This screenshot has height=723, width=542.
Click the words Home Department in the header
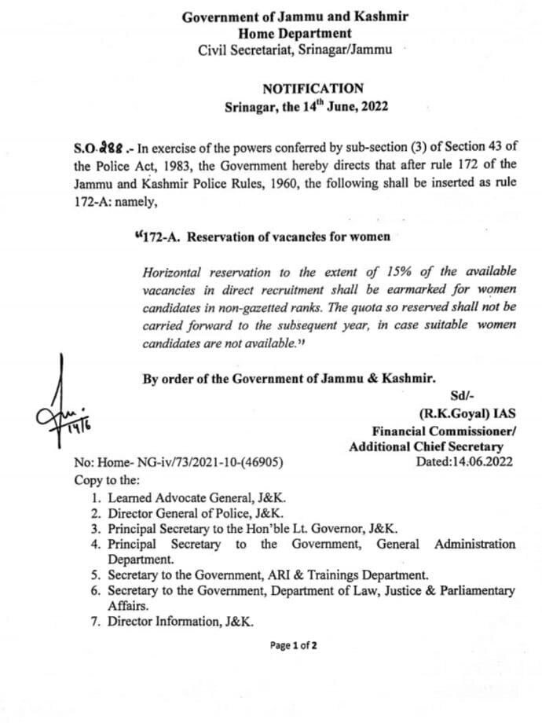[295, 34]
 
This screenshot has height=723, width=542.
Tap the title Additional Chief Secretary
[431, 446]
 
